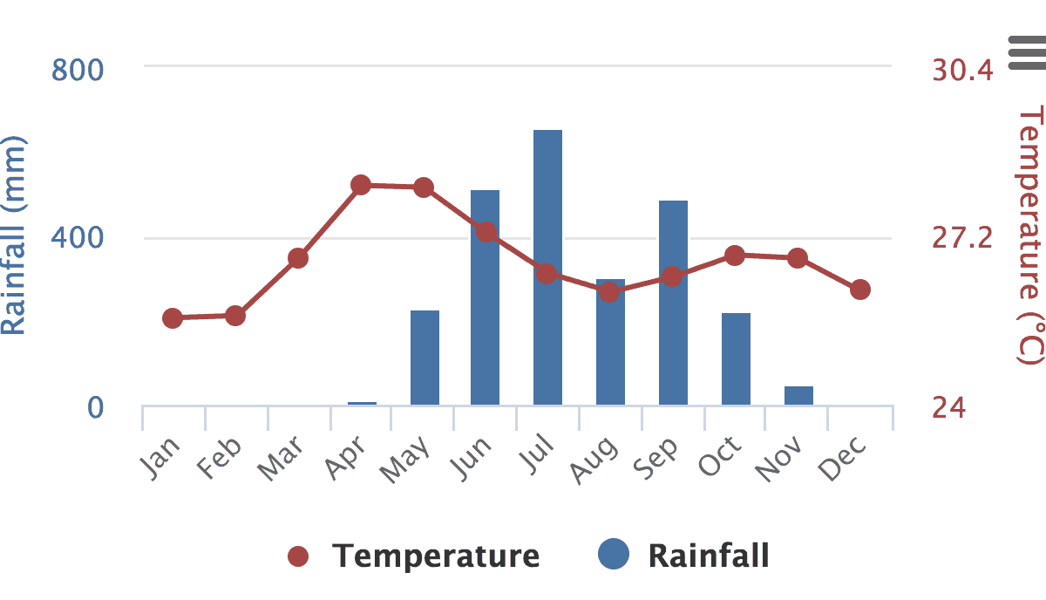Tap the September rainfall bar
pos(673,303)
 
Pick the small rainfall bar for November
pos(798,395)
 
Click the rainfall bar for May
pos(425,358)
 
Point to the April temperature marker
pos(361,185)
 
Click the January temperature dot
pos(173,318)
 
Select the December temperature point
pos(860,290)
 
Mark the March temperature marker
pos(298,258)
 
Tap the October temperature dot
pos(735,256)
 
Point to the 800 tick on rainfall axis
pos(78,70)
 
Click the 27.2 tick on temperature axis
pos(962,238)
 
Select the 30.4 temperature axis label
pos(962,70)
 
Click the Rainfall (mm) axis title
pos(15,235)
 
